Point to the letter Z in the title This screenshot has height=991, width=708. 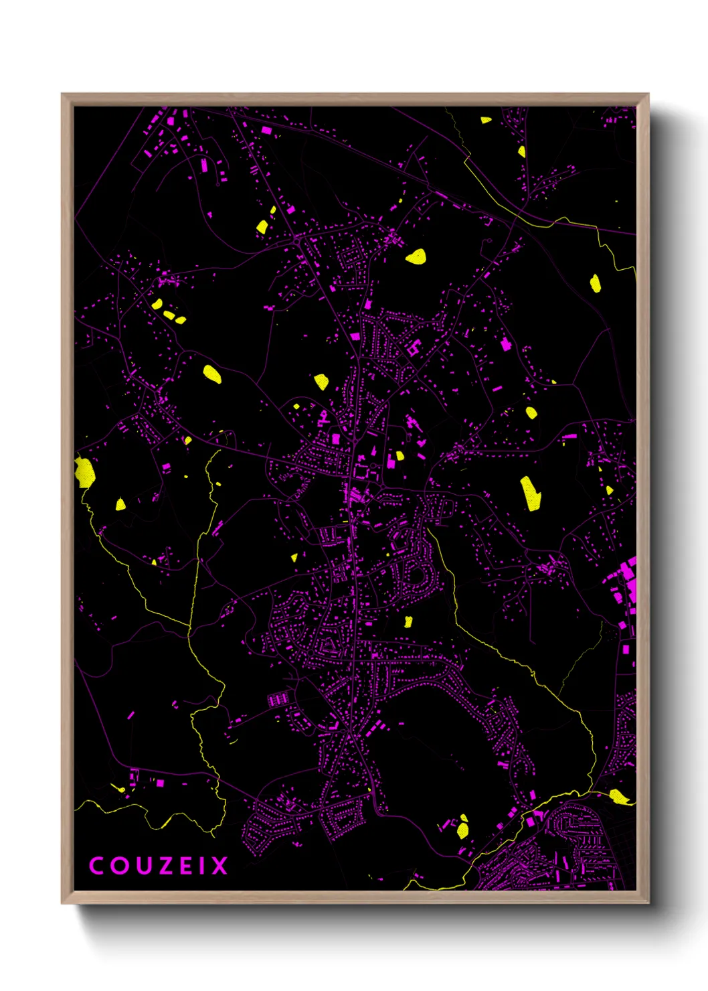(163, 866)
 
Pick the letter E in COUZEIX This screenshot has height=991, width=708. (184, 866)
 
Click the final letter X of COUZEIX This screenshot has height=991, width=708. (219, 866)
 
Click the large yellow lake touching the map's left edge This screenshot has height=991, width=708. (84, 471)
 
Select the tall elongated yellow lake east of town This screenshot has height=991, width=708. (531, 493)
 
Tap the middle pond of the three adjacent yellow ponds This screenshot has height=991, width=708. (169, 314)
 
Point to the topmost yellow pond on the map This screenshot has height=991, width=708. (486, 121)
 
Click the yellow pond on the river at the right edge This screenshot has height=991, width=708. (619, 797)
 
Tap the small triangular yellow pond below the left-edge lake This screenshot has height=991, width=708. (120, 504)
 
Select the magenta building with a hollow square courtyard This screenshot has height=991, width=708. (413, 347)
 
